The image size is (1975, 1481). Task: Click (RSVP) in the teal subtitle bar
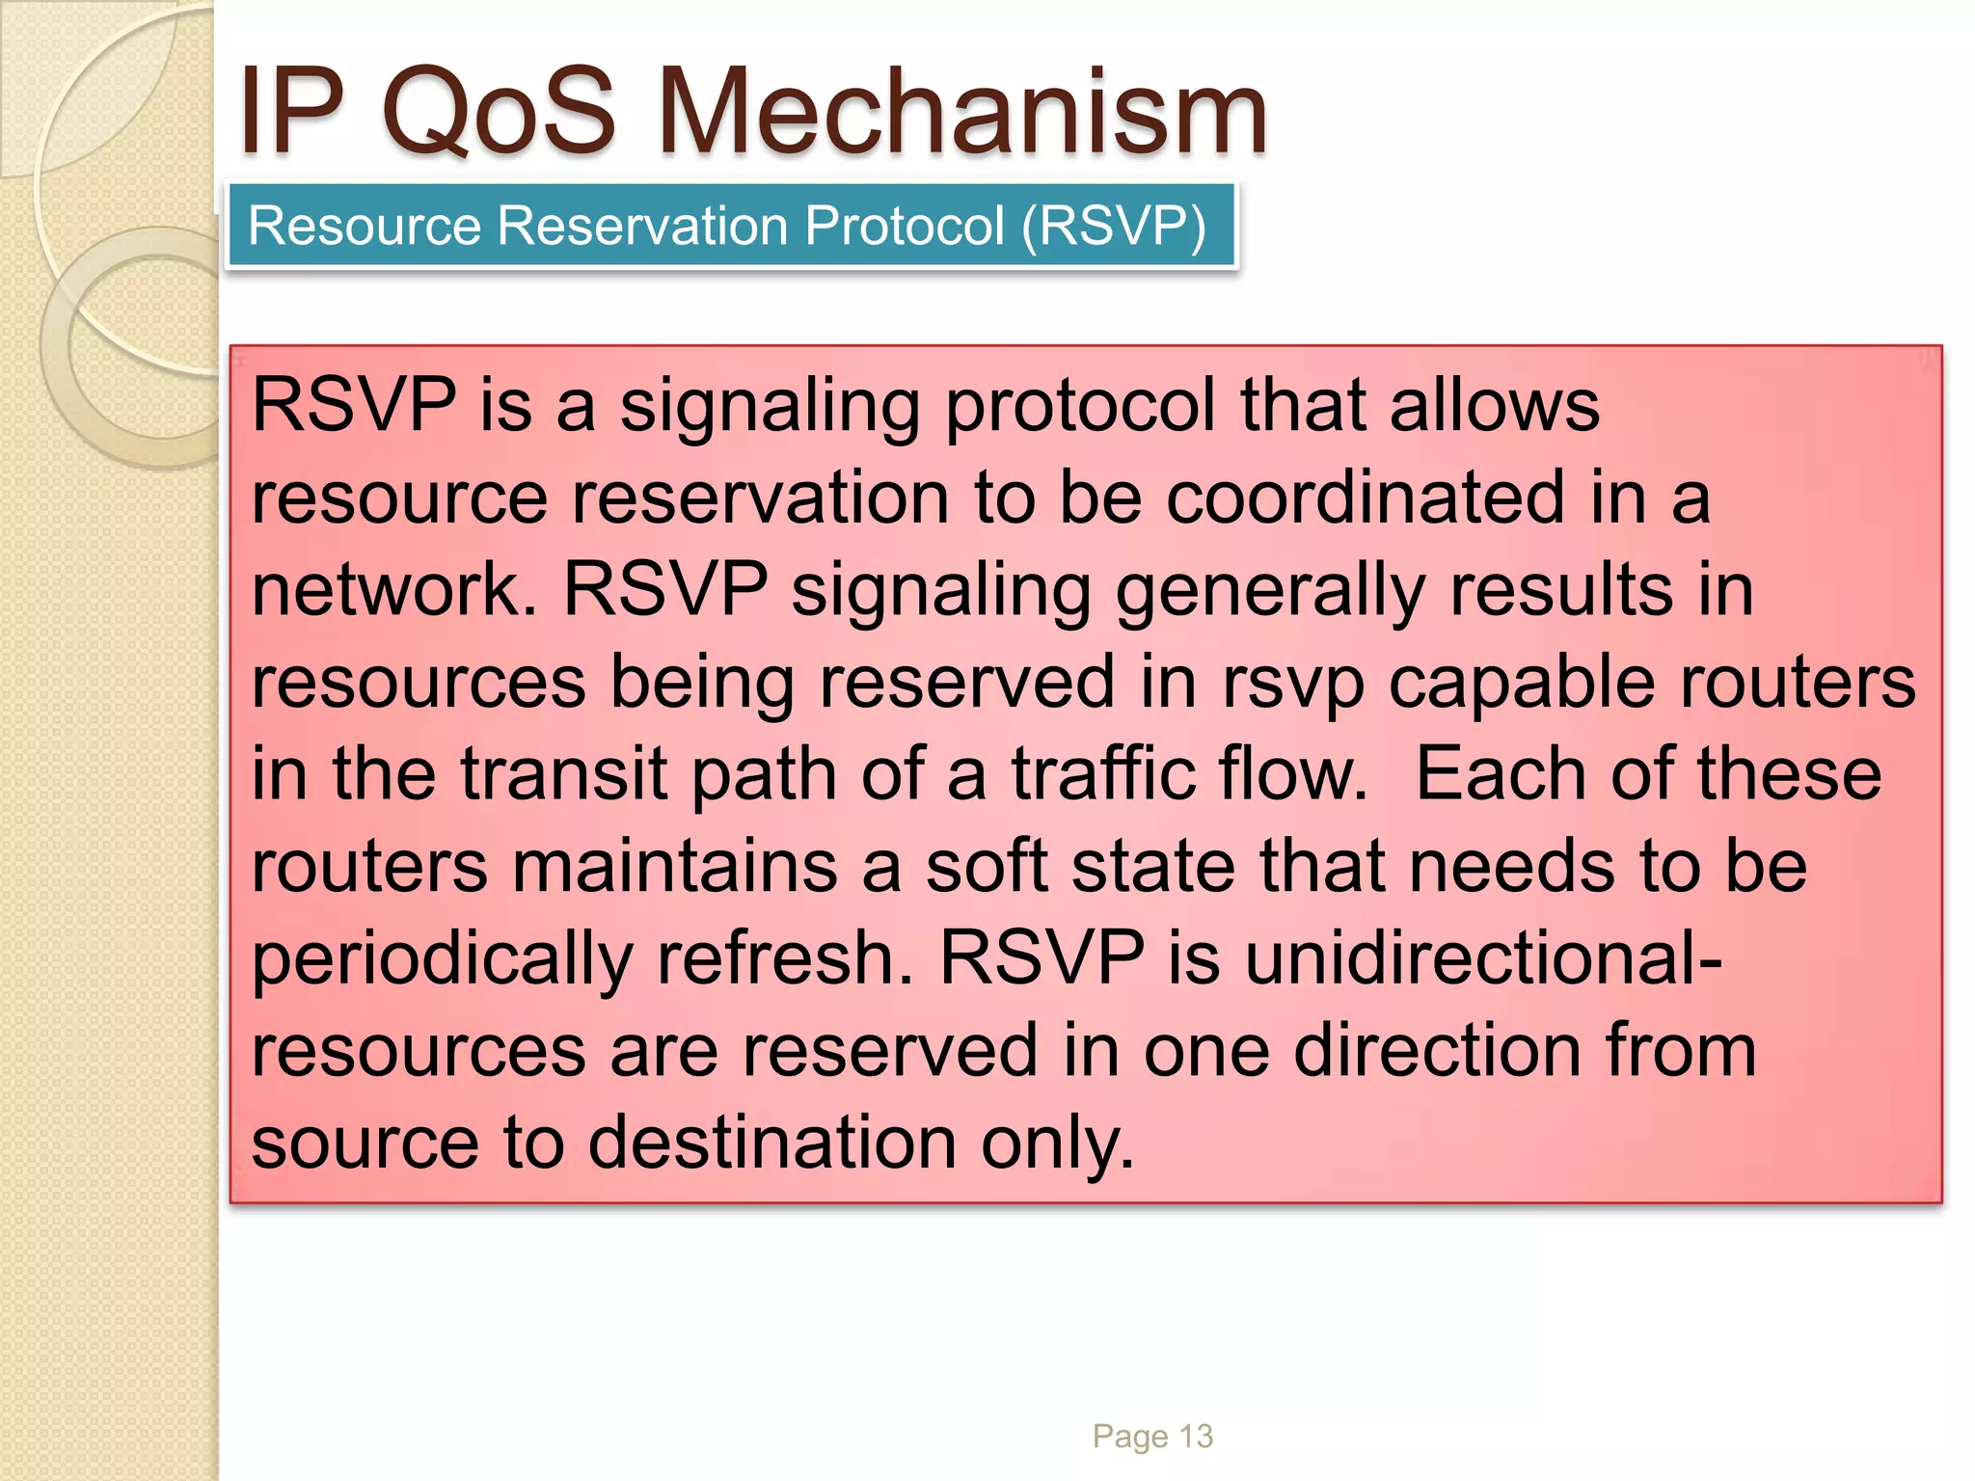(x=1114, y=226)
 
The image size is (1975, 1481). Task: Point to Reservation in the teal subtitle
(x=643, y=226)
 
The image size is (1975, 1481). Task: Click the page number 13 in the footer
(x=1196, y=1437)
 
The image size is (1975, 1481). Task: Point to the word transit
(x=563, y=774)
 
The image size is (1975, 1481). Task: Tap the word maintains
(x=675, y=866)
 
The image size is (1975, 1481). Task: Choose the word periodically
(x=442, y=959)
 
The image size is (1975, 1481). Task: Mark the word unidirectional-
(x=1483, y=959)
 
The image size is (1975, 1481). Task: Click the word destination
(x=771, y=1144)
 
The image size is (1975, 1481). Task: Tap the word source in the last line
(x=365, y=1144)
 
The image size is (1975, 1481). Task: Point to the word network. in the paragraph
(x=393, y=590)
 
